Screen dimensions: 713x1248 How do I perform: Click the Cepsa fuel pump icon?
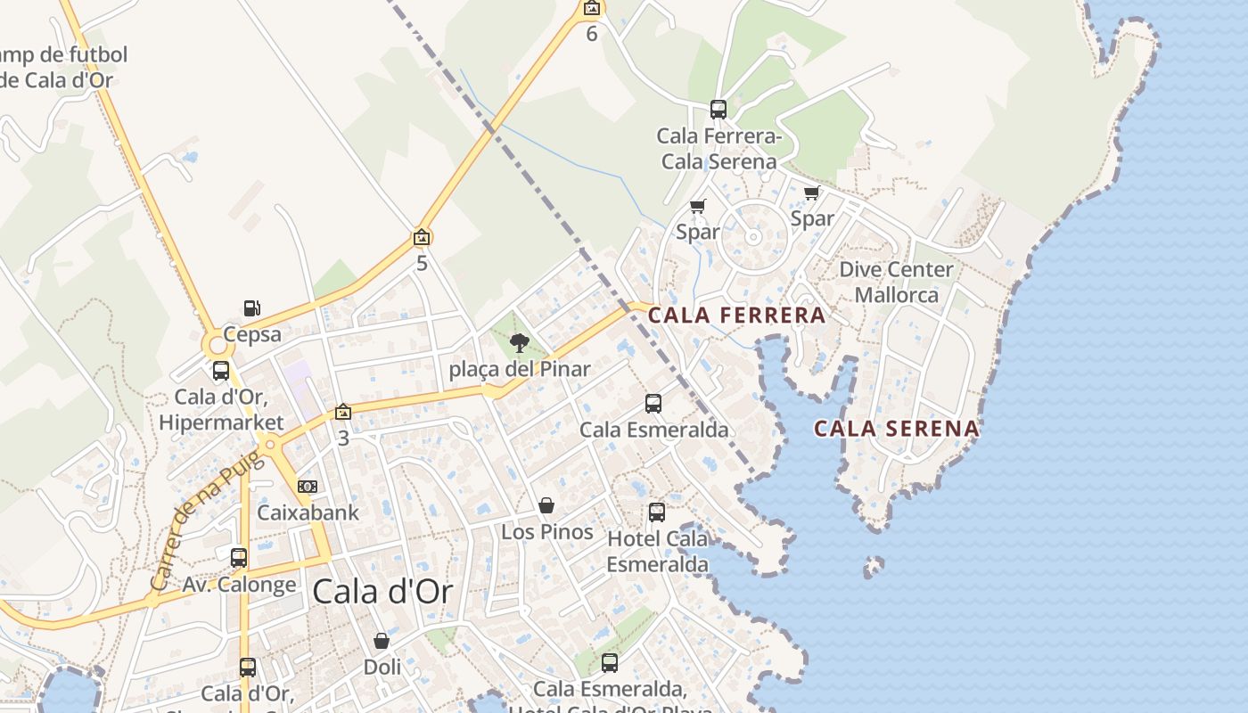click(252, 308)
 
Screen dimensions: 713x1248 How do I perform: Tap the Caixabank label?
click(308, 512)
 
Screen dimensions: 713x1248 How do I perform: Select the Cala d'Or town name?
click(382, 591)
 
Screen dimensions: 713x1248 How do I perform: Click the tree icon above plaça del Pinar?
click(519, 342)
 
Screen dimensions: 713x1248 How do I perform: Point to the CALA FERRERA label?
click(736, 315)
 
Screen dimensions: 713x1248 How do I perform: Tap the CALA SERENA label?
click(896, 429)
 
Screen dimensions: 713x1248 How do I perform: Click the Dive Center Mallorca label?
click(896, 282)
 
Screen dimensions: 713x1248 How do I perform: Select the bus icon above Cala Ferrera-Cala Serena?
click(718, 110)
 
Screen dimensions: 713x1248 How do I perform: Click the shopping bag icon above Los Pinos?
click(546, 505)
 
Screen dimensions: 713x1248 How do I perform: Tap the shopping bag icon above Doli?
click(382, 641)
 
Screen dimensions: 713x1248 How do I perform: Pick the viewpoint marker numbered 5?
click(422, 237)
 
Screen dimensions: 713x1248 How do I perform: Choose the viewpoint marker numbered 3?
click(342, 412)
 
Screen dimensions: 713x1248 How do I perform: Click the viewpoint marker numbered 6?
click(591, 8)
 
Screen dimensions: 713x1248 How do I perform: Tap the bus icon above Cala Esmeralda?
click(653, 404)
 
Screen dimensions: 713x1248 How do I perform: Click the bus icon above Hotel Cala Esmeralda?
click(657, 512)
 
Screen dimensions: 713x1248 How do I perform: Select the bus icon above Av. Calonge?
click(239, 558)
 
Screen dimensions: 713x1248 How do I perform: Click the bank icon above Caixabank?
click(308, 487)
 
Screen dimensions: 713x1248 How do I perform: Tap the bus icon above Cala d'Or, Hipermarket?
click(221, 371)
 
